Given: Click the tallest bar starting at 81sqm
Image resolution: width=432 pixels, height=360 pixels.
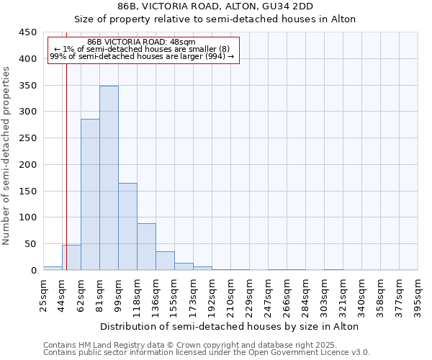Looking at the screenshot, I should pos(109,178).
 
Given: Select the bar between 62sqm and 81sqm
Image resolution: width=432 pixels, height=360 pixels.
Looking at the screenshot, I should pos(90,194).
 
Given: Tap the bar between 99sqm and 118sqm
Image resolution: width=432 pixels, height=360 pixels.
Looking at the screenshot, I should pos(127,227).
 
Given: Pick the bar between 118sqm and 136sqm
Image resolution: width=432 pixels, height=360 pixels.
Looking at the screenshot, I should pos(146,247).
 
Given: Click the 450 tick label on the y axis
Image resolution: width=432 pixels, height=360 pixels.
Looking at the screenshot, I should pos(28,32).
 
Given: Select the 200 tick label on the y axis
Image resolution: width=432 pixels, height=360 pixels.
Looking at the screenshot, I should pos(28,165).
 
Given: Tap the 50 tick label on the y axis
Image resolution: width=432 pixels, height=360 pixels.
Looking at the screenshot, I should pos(31,244).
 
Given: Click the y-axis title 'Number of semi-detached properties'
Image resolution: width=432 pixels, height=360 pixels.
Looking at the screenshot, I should pos(6,156).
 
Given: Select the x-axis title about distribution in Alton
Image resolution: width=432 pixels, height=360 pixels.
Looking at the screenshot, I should pos(230,326).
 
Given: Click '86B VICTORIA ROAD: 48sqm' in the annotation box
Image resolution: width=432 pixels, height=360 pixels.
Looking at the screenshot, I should pos(140,42).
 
